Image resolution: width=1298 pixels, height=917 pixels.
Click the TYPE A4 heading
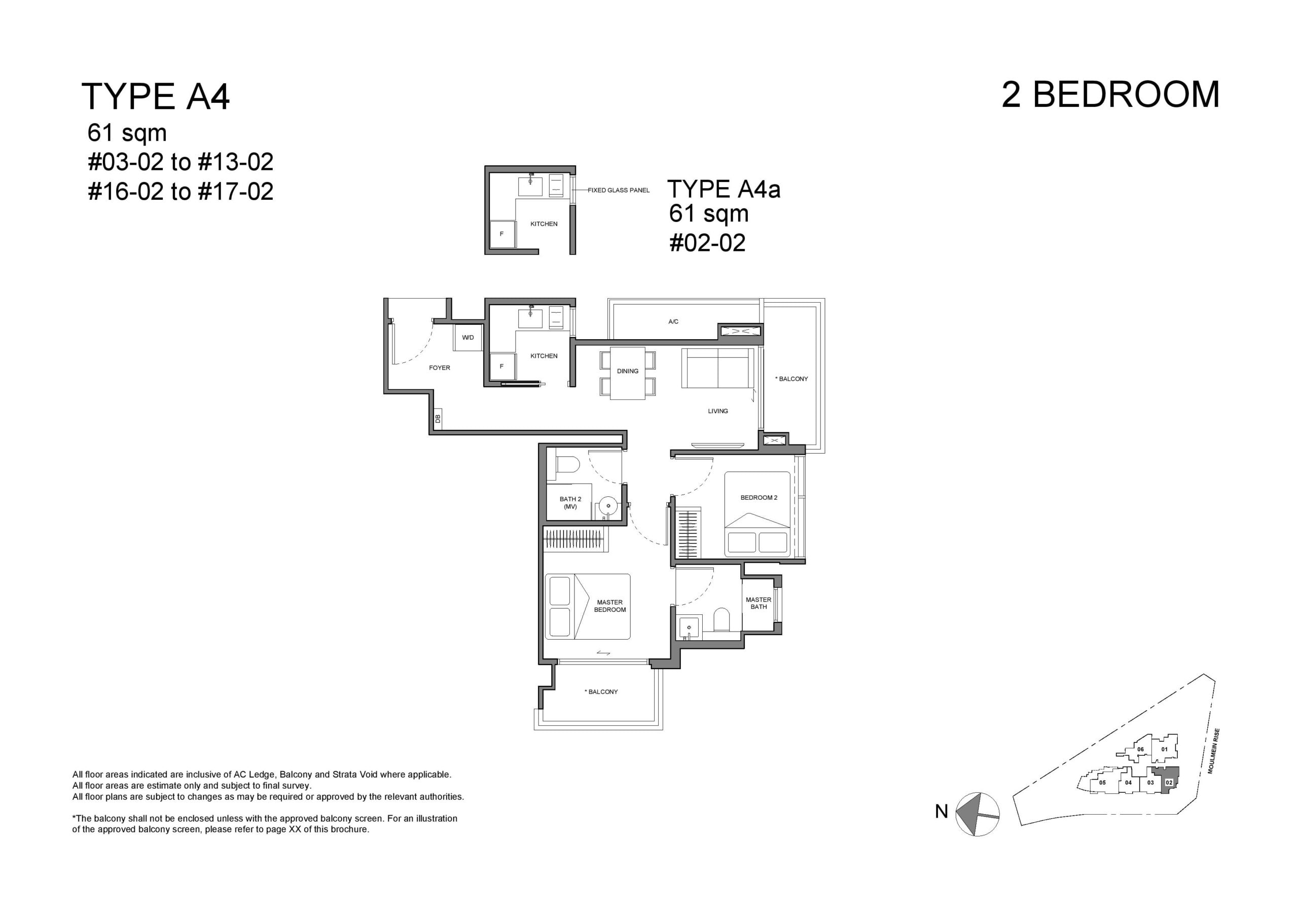[156, 96]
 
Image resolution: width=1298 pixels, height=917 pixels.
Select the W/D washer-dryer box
[468, 338]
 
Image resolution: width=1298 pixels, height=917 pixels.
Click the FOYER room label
[439, 368]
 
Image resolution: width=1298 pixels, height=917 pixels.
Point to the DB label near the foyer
[438, 419]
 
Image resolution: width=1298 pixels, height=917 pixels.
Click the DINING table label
[628, 372]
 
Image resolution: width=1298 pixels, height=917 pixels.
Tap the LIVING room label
[718, 411]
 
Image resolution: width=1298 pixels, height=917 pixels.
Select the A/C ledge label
[673, 322]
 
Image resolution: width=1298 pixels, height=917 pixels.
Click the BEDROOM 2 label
[759, 497]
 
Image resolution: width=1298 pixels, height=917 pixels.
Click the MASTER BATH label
[759, 603]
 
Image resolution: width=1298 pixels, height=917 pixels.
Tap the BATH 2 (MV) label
[570, 502]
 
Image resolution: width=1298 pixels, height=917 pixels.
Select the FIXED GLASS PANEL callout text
[619, 191]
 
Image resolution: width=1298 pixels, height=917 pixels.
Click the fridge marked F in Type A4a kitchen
[502, 234]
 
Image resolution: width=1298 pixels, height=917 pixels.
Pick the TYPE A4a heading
[724, 189]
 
